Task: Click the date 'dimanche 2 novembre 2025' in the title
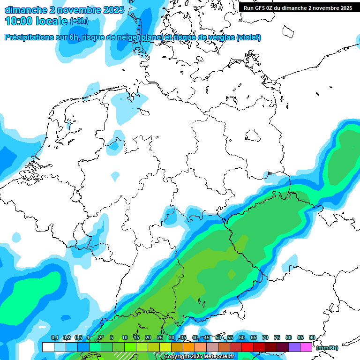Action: tap(65, 10)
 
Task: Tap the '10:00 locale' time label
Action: tap(36, 21)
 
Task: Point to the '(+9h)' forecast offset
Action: tap(79, 21)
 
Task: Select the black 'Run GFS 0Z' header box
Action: tap(298, 8)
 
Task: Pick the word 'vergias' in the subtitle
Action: tap(217, 37)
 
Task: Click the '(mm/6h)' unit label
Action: tap(327, 348)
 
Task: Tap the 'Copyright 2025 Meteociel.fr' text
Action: tap(199, 356)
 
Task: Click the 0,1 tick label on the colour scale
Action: tap(54, 338)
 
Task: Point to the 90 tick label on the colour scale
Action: tap(312, 338)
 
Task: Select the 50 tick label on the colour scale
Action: tap(218, 338)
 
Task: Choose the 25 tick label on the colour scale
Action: tap(160, 338)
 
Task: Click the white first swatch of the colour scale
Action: tap(48, 347)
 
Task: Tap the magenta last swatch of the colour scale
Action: tap(306, 347)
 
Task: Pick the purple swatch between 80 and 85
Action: tap(294, 347)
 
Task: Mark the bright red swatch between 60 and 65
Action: tap(247, 347)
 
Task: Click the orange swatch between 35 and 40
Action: tap(189, 347)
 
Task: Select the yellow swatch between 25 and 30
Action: tap(165, 347)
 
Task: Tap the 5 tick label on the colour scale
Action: tap(112, 338)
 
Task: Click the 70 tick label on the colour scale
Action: tap(265, 338)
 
